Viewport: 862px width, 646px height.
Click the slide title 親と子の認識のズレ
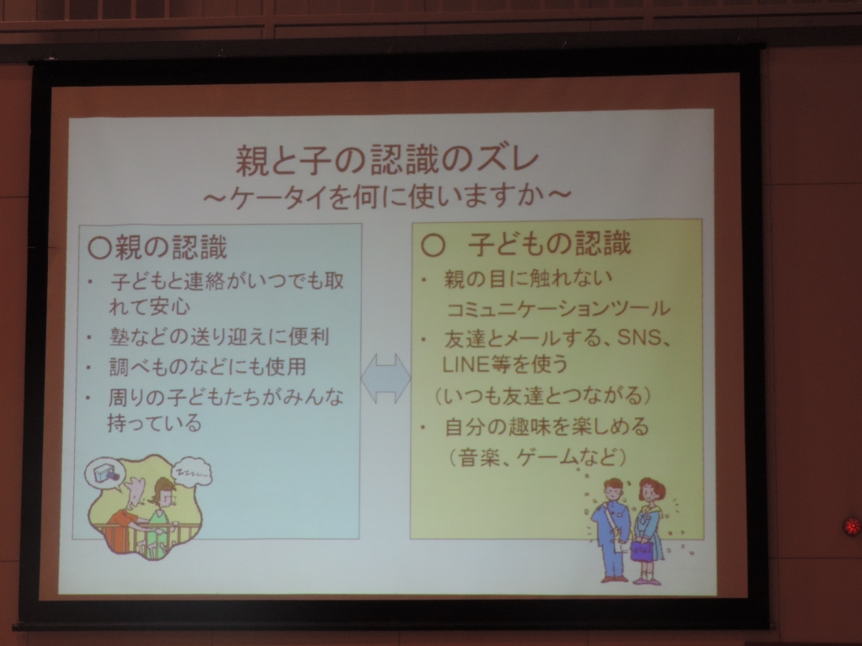387,161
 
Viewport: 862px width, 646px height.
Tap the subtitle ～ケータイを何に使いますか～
387,195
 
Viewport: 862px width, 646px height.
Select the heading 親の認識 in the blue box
171,247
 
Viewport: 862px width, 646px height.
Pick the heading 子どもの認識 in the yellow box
549,244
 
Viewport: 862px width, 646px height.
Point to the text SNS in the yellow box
640,337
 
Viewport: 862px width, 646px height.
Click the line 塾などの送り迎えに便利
220,336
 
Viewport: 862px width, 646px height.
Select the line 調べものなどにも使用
207,367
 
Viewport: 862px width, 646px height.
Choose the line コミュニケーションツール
559,309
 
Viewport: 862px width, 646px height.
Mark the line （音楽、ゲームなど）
537,457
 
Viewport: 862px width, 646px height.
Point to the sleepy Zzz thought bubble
191,471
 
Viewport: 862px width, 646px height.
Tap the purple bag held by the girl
641,549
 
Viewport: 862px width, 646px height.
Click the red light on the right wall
853,526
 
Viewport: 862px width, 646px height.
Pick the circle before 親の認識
100,248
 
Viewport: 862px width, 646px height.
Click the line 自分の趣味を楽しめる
547,426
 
